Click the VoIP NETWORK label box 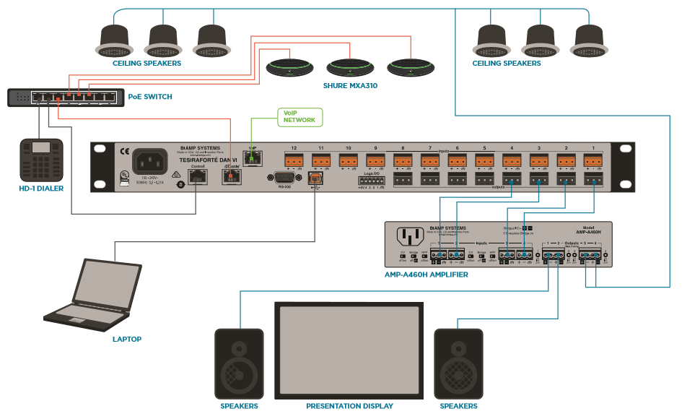pos(300,116)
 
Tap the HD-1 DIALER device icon pos(41,160)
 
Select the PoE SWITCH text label pos(150,96)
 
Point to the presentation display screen pos(348,348)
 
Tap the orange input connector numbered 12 pos(293,161)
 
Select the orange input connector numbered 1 pos(593,161)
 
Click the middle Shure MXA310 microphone pos(351,68)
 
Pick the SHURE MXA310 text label pos(350,86)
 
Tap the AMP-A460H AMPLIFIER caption pos(427,275)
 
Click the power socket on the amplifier pos(410,237)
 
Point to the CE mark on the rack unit pos(105,152)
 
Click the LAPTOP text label pos(127,339)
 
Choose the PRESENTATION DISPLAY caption pos(349,406)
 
